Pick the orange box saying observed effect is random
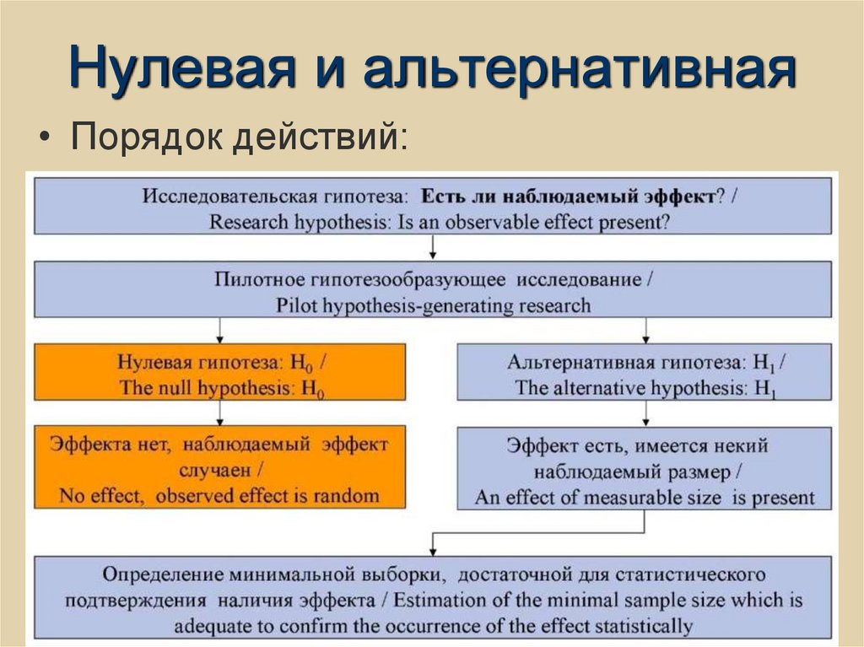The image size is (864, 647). (219, 467)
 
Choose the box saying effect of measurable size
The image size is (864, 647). (645, 469)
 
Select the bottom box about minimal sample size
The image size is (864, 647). (432, 598)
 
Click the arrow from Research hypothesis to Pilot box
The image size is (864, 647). (433, 248)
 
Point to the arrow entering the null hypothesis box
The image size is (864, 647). (220, 330)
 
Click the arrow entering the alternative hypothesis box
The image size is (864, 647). (645, 330)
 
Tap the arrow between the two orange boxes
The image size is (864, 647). (220, 413)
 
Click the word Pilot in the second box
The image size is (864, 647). (297, 305)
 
